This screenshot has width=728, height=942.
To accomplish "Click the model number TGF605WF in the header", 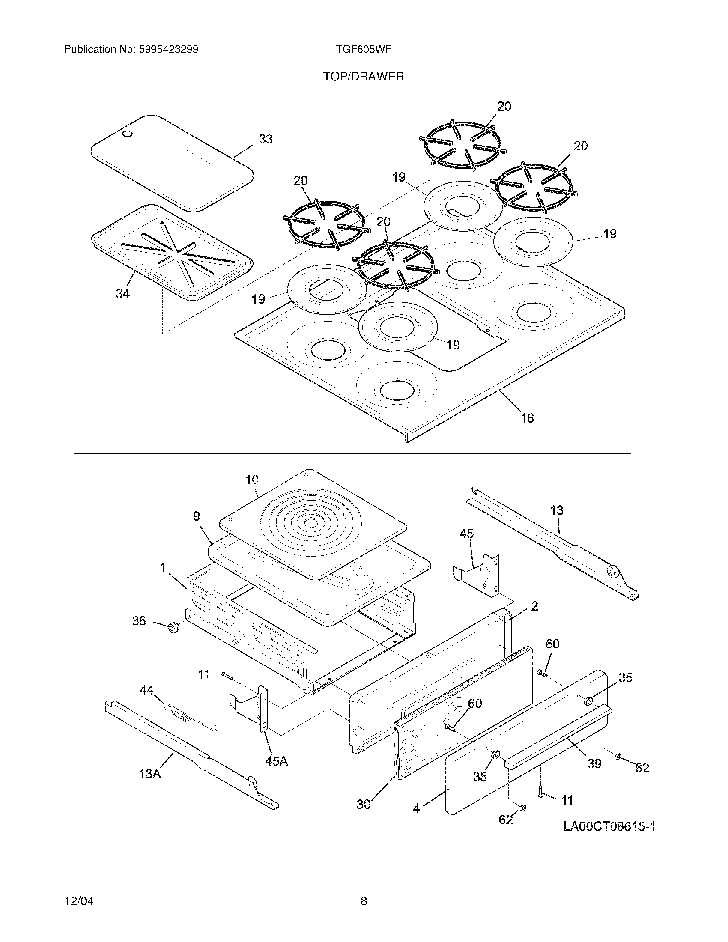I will (363, 49).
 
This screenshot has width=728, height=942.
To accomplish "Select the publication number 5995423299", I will (169, 49).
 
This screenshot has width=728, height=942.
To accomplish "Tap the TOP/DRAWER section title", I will (364, 77).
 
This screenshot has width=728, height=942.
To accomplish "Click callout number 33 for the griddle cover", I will (266, 139).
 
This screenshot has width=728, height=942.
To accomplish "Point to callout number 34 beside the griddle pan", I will (123, 293).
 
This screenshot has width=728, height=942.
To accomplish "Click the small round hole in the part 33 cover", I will (127, 134).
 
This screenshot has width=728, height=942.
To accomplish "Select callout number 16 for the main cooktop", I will (527, 417).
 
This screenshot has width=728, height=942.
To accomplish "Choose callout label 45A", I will (277, 761).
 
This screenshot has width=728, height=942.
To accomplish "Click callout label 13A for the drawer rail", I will (150, 774).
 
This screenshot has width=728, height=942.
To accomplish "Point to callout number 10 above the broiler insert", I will (252, 480).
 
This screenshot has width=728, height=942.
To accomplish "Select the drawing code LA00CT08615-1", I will (609, 826).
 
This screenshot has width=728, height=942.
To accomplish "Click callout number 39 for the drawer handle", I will (594, 763).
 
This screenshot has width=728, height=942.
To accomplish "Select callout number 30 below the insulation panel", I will (364, 804).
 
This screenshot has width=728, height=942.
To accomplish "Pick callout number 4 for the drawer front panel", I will (416, 808).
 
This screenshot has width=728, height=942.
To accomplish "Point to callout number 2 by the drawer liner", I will (534, 606).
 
